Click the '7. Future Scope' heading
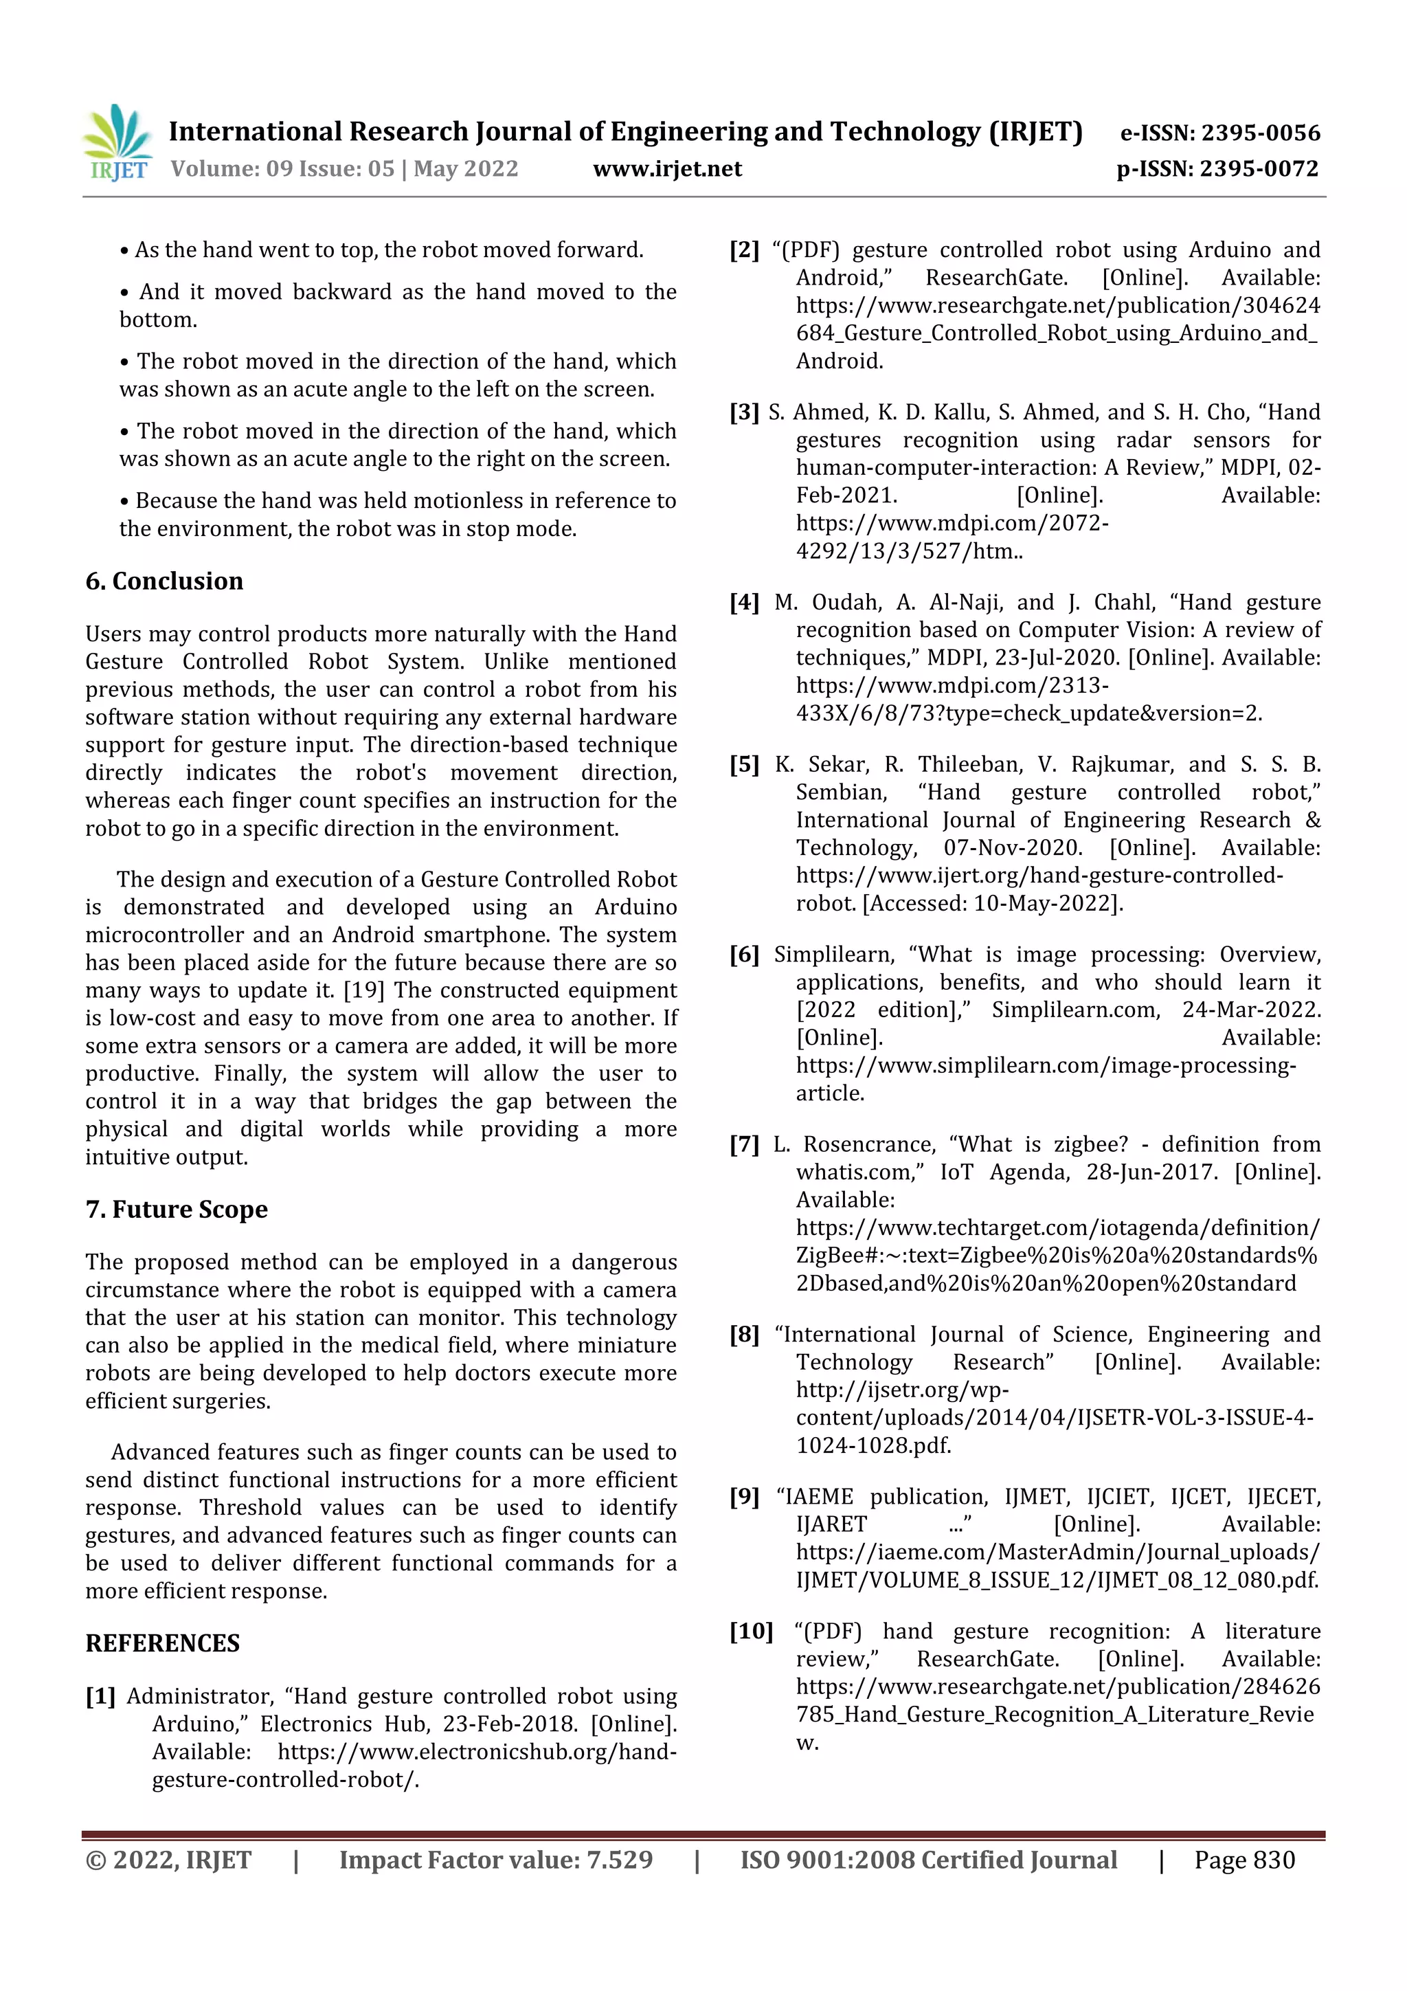[176, 1209]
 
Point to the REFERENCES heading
[162, 1643]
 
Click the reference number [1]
[100, 1696]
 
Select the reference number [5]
[744, 764]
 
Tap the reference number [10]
[750, 1631]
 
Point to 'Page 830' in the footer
[1244, 1860]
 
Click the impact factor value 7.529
[619, 1860]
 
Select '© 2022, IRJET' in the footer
[168, 1860]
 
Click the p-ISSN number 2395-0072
[1259, 168]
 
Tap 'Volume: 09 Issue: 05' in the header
[282, 168]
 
